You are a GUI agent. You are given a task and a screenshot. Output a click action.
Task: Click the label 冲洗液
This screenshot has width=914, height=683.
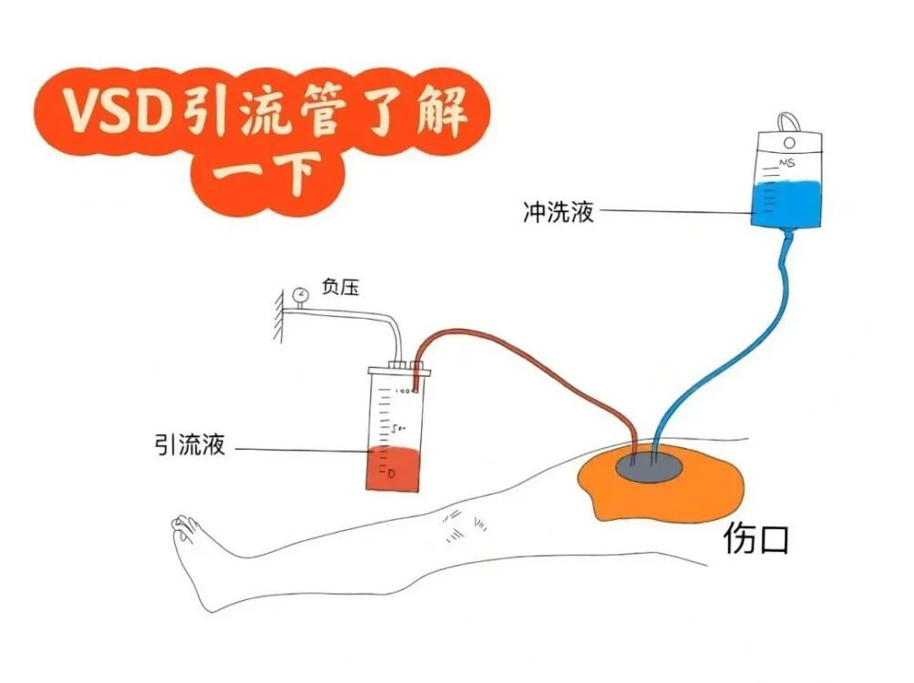point(559,212)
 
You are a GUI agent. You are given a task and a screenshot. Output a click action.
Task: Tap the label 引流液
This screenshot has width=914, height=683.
point(190,447)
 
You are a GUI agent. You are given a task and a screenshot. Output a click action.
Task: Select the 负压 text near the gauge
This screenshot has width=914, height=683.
point(340,289)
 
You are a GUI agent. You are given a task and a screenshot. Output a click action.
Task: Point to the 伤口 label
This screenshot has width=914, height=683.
point(755,540)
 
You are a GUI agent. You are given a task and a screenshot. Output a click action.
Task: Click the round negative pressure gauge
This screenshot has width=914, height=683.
point(300,294)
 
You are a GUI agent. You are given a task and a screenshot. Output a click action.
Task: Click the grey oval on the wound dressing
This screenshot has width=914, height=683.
point(648,465)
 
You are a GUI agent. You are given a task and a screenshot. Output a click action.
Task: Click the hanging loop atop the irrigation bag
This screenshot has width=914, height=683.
point(788,121)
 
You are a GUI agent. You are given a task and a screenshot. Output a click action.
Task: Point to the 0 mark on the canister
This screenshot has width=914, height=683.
point(391,474)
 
